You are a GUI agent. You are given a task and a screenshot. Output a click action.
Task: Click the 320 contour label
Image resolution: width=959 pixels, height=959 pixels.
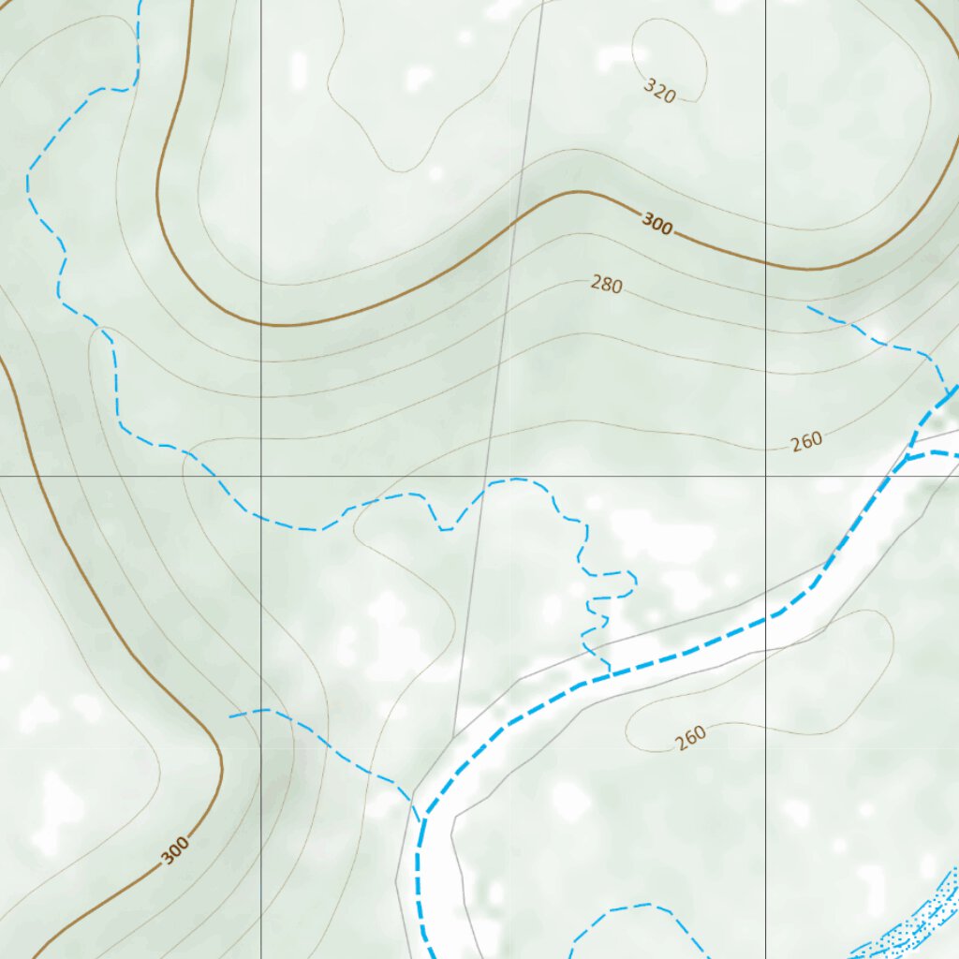click(660, 91)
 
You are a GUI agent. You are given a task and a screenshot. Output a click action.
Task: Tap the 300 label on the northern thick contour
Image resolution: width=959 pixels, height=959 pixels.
click(657, 224)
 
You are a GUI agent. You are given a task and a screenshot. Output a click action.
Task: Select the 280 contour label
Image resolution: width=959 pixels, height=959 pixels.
click(607, 284)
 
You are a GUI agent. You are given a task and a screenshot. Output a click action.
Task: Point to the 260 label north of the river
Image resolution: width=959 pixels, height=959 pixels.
click(806, 440)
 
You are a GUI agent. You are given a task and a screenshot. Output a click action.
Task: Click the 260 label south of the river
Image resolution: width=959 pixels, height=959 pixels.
click(690, 738)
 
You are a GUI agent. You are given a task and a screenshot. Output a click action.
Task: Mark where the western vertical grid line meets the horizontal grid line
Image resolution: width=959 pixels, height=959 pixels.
click(261, 476)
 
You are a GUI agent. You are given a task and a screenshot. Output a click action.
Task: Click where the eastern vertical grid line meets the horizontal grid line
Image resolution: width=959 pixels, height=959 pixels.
click(766, 476)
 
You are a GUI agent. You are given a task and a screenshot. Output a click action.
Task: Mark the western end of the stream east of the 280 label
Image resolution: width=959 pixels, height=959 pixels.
click(807, 306)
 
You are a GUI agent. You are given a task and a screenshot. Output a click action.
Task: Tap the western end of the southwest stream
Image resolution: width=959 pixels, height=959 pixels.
click(230, 716)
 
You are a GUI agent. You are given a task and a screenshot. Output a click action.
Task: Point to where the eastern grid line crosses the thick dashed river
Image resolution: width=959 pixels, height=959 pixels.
click(766, 620)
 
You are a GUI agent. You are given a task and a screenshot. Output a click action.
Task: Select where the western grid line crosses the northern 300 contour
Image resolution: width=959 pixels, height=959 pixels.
click(261, 324)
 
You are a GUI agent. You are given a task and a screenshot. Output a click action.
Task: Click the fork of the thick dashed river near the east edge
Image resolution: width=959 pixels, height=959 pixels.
click(907, 458)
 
